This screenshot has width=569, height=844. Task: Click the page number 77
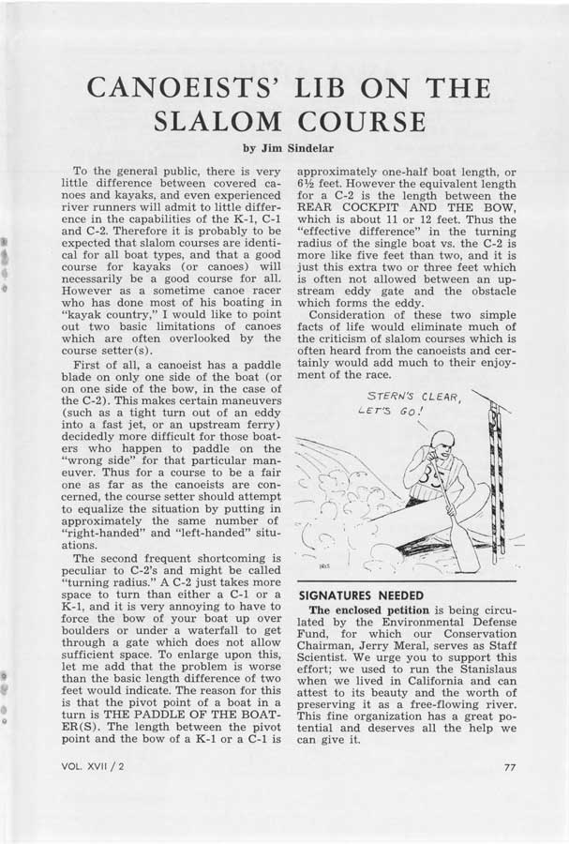click(510, 767)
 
